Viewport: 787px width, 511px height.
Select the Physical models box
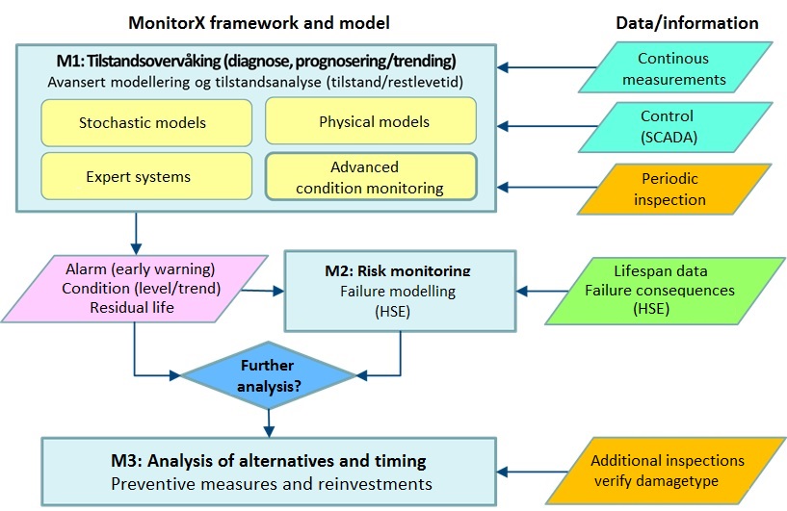click(370, 122)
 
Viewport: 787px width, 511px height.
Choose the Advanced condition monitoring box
click(370, 177)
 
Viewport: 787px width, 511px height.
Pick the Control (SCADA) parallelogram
click(680, 125)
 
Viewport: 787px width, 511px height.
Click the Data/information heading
click(686, 23)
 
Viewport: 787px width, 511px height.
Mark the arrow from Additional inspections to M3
click(535, 473)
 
